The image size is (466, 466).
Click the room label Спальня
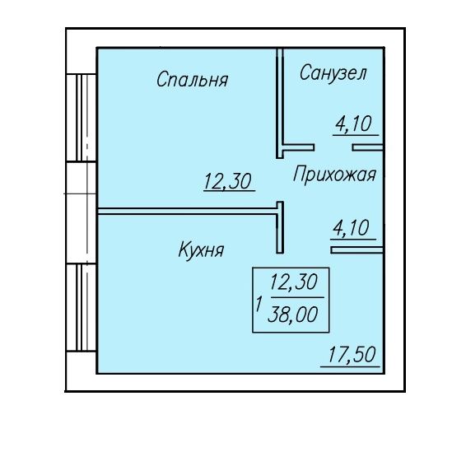click(x=193, y=79)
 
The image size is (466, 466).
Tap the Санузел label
click(x=333, y=72)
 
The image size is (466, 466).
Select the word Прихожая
click(x=334, y=175)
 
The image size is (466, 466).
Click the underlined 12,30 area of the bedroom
click(x=228, y=181)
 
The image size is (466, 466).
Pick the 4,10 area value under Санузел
click(x=354, y=124)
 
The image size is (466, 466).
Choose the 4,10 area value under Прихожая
click(x=352, y=228)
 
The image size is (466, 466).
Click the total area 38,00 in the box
click(x=293, y=315)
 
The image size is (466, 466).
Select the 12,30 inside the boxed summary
click(x=294, y=282)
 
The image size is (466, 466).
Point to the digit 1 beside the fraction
click(x=259, y=304)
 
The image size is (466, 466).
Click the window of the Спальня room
click(x=82, y=118)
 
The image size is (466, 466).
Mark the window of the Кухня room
click(x=82, y=308)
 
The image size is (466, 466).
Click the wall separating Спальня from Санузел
click(x=280, y=103)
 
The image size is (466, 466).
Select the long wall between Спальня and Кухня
click(x=187, y=212)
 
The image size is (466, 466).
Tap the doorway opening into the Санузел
click(x=333, y=147)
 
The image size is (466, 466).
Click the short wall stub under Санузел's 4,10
click(x=368, y=147)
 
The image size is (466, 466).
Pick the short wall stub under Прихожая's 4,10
click(x=357, y=250)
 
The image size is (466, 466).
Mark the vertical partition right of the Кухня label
click(x=280, y=227)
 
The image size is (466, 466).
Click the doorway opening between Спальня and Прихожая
click(x=280, y=179)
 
